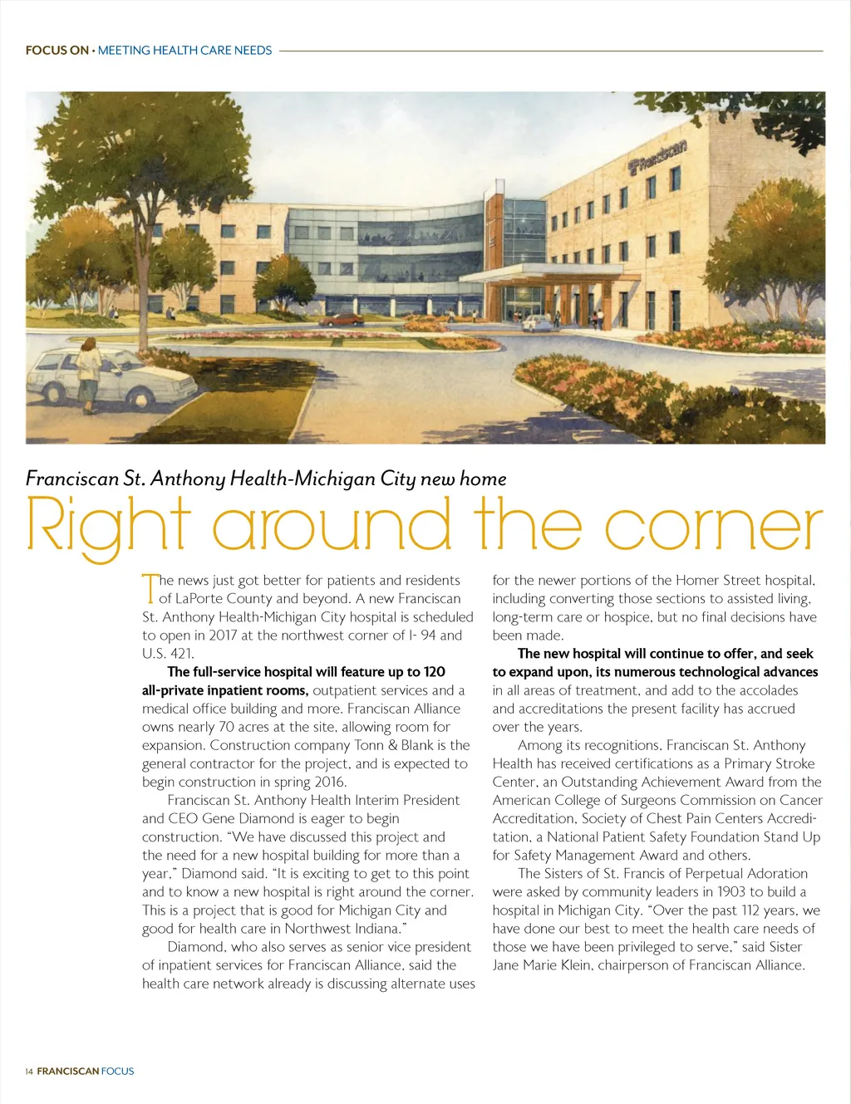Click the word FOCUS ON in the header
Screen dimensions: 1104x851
[x=57, y=51]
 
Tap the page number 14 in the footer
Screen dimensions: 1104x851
[x=29, y=1072]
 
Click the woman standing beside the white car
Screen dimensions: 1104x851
[x=88, y=374]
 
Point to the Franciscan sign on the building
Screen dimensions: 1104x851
[x=659, y=155]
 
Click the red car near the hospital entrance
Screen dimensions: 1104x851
[x=342, y=319]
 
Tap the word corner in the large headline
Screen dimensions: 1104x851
[x=713, y=525]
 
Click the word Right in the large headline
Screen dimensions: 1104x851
[x=108, y=525]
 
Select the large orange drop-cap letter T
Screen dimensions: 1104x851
[x=150, y=588]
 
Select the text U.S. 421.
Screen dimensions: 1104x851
[x=168, y=654]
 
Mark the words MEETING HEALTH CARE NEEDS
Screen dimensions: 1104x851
[x=184, y=51]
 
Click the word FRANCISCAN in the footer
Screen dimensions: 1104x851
[x=68, y=1072]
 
